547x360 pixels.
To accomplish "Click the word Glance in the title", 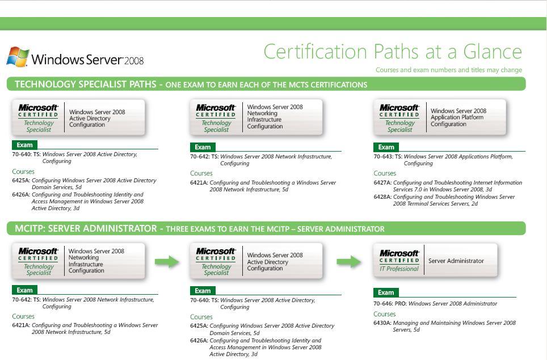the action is (492, 52).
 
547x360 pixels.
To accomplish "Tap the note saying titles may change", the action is (448, 70).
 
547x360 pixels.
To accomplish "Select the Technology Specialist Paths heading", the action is (85, 84).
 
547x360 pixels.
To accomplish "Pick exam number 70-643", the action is (383, 157).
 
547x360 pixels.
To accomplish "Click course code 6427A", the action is (382, 183).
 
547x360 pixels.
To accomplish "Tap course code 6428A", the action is (382, 197).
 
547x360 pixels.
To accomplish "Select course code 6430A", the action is (382, 323).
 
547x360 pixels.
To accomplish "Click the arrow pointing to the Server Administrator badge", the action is (348, 261).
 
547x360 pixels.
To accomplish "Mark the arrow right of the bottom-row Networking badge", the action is (167, 261).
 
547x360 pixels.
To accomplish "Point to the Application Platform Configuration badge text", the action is (458, 118).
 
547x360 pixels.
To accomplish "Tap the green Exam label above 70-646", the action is (386, 292).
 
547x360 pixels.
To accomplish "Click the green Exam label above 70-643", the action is (386, 147).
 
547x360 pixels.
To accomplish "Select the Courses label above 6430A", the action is (385, 314).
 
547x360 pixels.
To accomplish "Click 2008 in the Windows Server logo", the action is (134, 61).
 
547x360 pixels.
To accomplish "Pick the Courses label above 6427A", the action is (385, 173).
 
